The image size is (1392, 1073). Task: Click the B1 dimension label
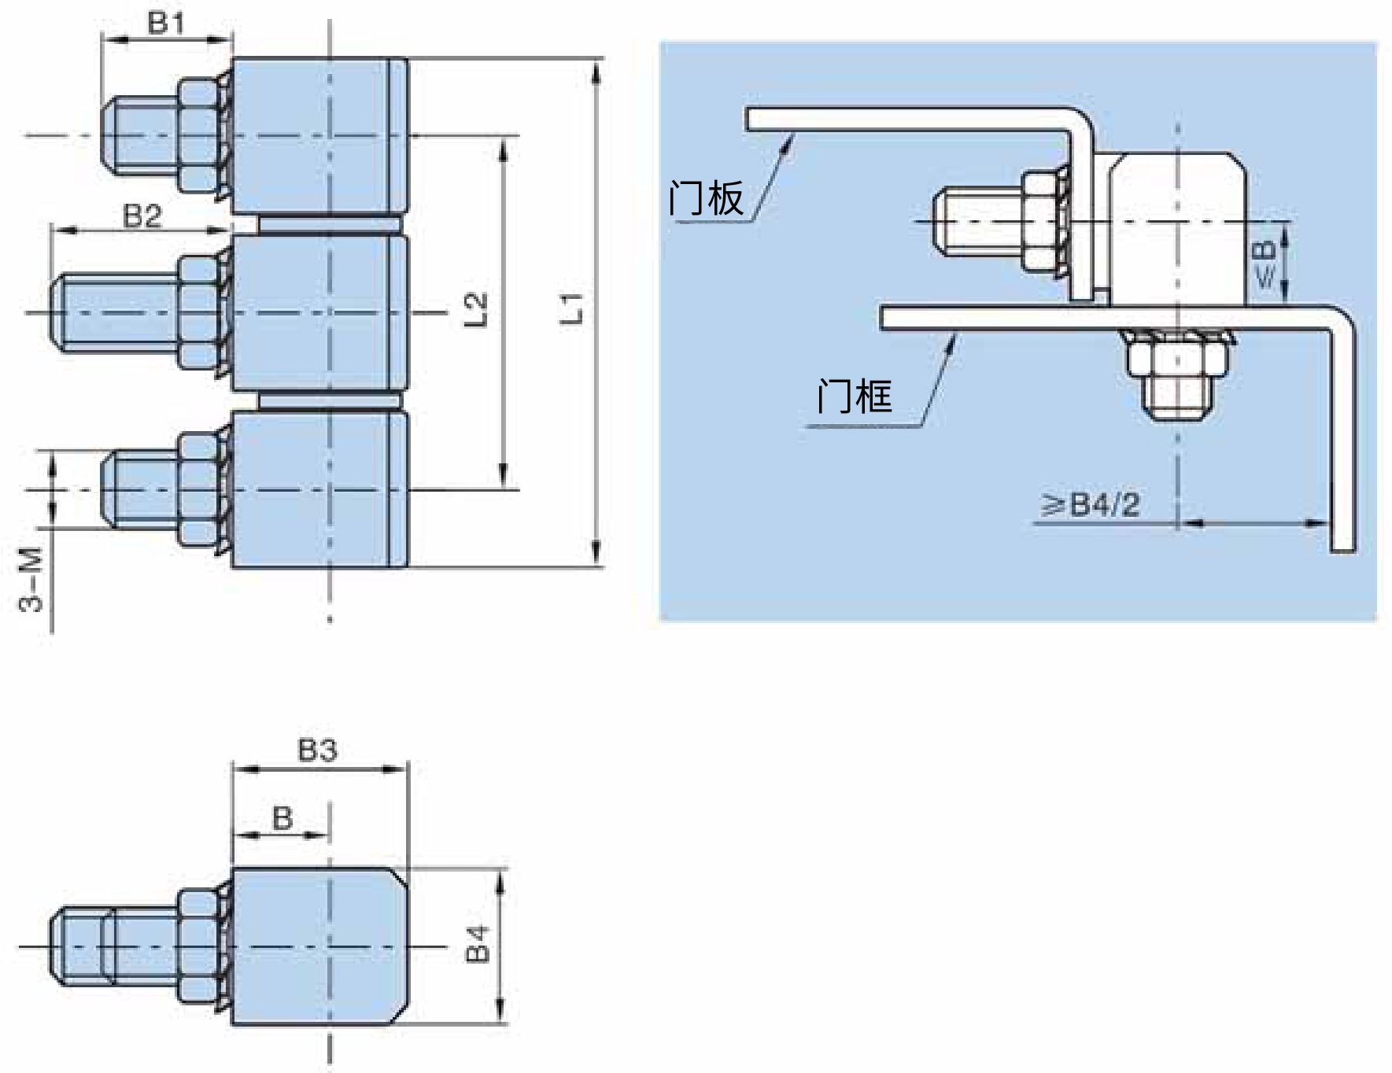[x=165, y=23]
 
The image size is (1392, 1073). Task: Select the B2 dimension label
[x=142, y=216]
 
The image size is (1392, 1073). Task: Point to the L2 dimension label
[x=477, y=310]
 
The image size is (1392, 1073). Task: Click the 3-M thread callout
[x=31, y=581]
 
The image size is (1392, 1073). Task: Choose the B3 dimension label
[x=318, y=750]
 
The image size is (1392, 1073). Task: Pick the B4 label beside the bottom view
[x=478, y=944]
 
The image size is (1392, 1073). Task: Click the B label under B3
[x=282, y=818]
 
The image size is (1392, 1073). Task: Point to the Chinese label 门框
[x=855, y=395]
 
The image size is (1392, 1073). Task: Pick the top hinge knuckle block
[x=320, y=135]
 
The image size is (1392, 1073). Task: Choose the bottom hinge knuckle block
[x=320, y=489]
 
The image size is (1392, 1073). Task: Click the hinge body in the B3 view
[x=320, y=946]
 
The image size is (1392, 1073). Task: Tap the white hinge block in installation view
[x=1177, y=228]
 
